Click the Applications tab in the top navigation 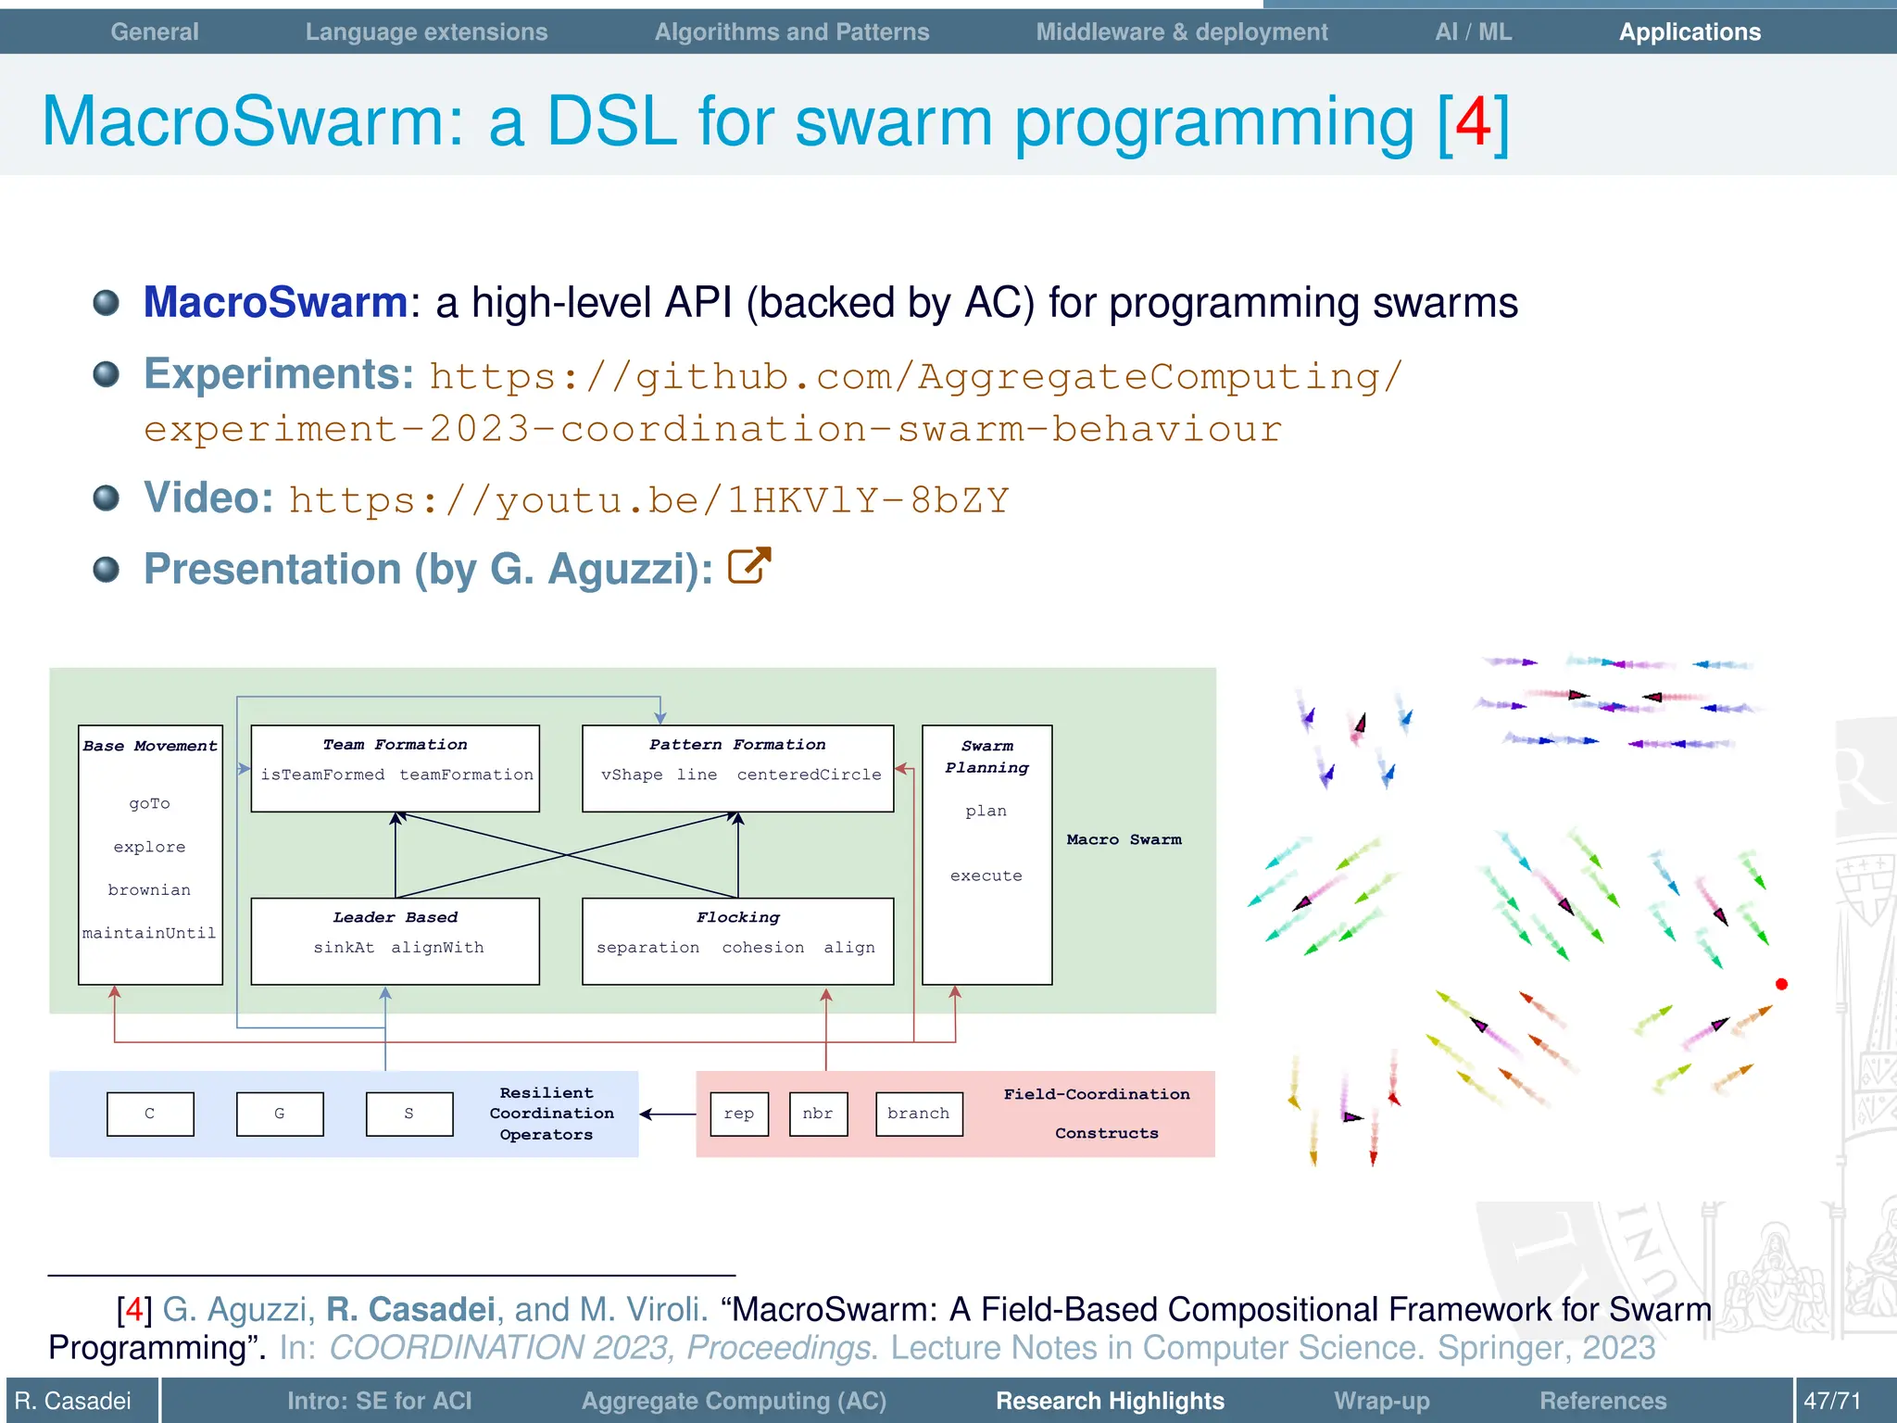pos(1689,32)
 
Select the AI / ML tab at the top pos(1473,32)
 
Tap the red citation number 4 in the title pos(1472,122)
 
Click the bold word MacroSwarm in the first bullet pos(275,303)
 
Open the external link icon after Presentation pos(748,566)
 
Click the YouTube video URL pos(648,500)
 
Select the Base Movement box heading pos(150,746)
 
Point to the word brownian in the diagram pos(149,889)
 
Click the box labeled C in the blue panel pos(150,1114)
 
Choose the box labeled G pos(280,1114)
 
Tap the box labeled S pos(409,1114)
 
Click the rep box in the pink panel pos(739,1114)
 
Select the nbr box pos(818,1114)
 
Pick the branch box pos(918,1114)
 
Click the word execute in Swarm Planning pos(986,875)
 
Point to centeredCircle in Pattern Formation pos(809,774)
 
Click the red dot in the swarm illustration pos(1780,984)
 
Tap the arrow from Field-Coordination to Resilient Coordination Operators pos(667,1114)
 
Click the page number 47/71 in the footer pos(1831,1401)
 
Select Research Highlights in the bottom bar pos(1109,1401)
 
